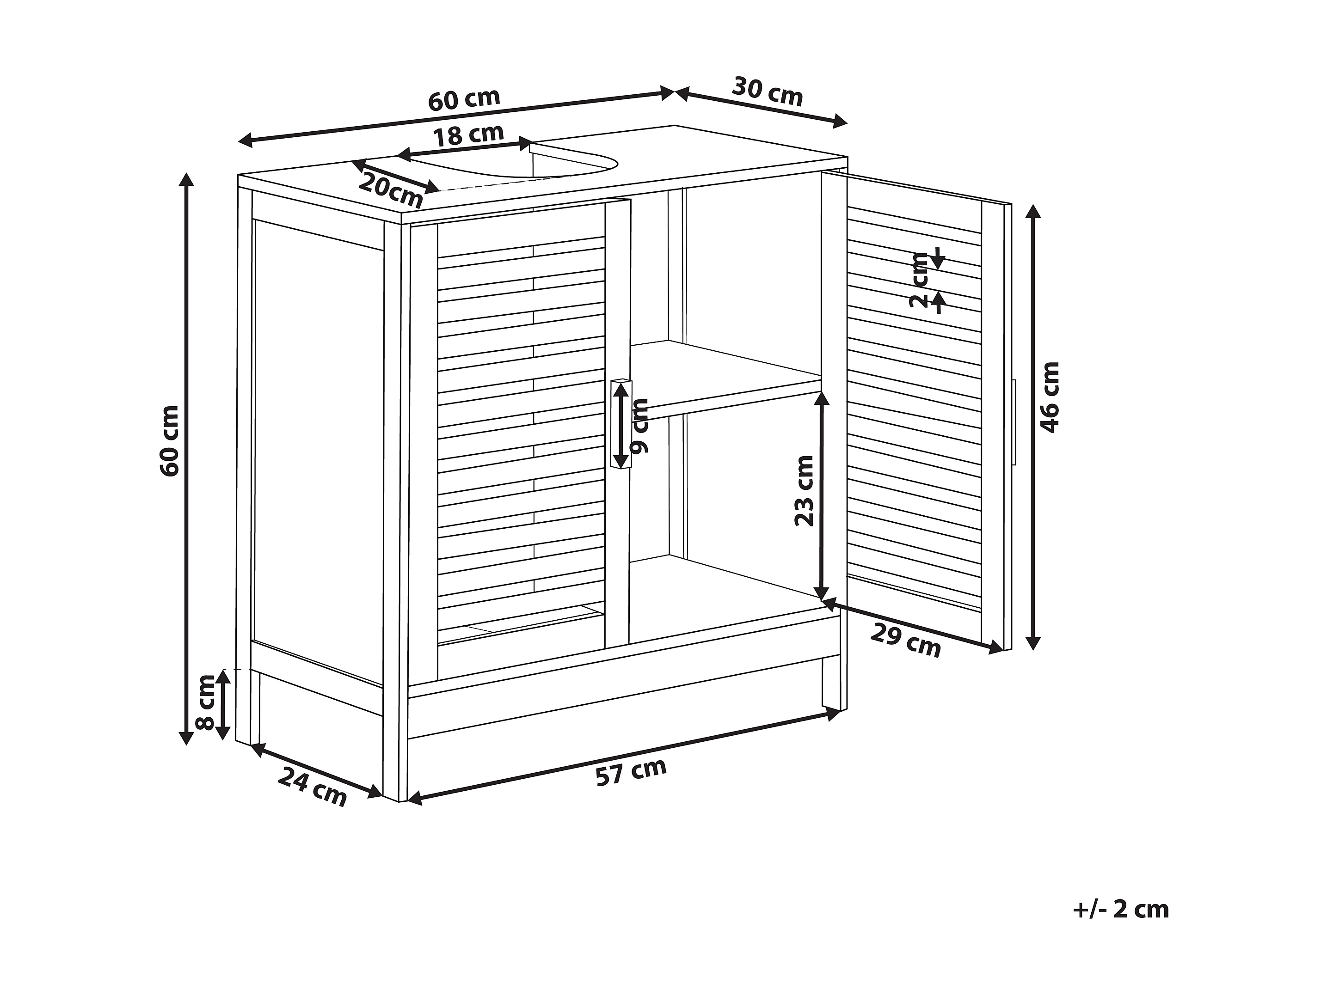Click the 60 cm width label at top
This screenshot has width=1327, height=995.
click(463, 100)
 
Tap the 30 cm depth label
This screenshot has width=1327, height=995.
click(767, 92)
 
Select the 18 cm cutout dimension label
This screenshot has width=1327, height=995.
click(468, 135)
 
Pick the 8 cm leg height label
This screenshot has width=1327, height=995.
click(206, 702)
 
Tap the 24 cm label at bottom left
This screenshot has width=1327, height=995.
click(312, 786)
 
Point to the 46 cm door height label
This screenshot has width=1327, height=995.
click(1051, 397)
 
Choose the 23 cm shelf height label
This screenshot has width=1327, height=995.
click(804, 491)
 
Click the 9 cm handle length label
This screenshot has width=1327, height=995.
click(641, 426)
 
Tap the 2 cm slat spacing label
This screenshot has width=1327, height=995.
click(918, 280)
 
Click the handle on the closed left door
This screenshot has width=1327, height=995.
click(620, 423)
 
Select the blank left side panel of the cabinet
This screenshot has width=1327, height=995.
click(318, 450)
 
